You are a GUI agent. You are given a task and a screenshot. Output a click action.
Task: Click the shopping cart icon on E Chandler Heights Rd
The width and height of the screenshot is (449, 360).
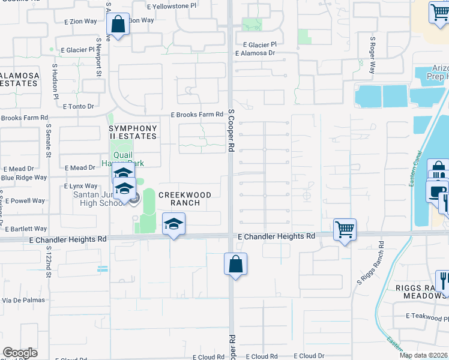(x=345, y=229)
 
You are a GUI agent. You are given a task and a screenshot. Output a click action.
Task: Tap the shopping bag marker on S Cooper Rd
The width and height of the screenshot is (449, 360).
(x=236, y=263)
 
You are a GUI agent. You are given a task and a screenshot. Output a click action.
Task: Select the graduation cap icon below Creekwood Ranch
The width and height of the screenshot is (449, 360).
(x=174, y=225)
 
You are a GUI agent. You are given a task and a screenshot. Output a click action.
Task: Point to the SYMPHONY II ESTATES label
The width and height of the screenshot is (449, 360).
(x=133, y=133)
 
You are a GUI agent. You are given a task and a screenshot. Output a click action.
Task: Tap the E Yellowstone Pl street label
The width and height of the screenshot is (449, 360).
(x=172, y=5)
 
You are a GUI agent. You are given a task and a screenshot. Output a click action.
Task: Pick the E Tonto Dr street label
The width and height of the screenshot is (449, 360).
(x=78, y=106)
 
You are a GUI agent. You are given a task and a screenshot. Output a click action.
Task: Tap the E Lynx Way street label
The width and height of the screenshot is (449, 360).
(x=80, y=187)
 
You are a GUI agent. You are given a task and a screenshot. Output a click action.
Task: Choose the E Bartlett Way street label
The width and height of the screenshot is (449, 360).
(x=26, y=229)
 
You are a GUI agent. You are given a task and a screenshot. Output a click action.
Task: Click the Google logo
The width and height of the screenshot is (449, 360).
(x=20, y=353)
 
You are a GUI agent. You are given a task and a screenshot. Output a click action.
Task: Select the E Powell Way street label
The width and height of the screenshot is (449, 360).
(x=23, y=201)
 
